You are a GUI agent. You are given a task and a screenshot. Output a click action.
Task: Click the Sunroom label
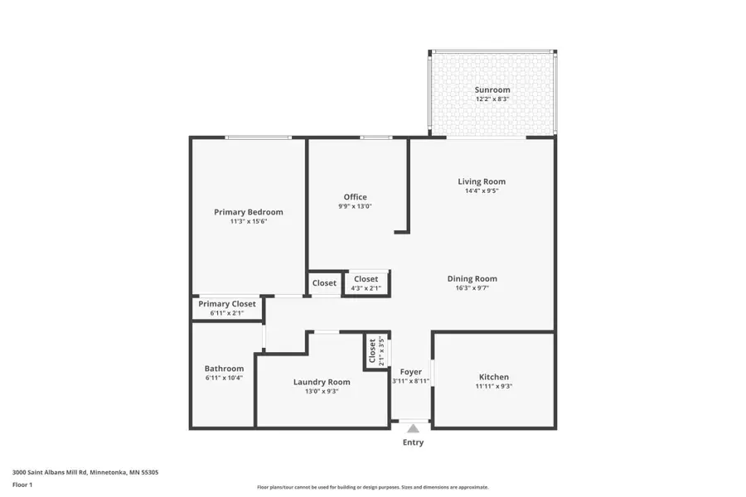pyautogui.click(x=492, y=89)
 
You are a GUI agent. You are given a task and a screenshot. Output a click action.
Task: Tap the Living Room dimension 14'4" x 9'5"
pyautogui.click(x=482, y=191)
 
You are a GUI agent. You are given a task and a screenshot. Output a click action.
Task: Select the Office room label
pyautogui.click(x=355, y=197)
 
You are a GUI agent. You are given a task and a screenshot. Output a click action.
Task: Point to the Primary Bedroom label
pyautogui.click(x=248, y=211)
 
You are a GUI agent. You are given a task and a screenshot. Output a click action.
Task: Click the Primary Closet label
pyautogui.click(x=227, y=304)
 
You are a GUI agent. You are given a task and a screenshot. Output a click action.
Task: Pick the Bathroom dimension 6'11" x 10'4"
pyautogui.click(x=224, y=378)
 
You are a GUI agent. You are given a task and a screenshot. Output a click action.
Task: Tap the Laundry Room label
pyautogui.click(x=322, y=382)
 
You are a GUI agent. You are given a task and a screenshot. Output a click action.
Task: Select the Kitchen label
pyautogui.click(x=493, y=377)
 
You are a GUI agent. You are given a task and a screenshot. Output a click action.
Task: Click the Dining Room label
pyautogui.click(x=472, y=278)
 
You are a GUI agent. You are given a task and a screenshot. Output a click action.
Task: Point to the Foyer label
pyautogui.click(x=411, y=372)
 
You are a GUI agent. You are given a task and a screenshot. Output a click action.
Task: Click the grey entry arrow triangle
pyautogui.click(x=413, y=428)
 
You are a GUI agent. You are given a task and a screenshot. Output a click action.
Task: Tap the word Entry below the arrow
pyautogui.click(x=413, y=442)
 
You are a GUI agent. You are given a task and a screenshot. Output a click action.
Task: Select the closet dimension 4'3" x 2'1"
pyautogui.click(x=366, y=288)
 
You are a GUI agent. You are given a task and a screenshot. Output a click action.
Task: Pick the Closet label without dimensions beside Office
pyautogui.click(x=324, y=283)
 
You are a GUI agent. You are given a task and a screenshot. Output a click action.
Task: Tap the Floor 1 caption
pyautogui.click(x=22, y=485)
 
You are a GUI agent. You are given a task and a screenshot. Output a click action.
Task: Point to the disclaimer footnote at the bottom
pyautogui.click(x=373, y=487)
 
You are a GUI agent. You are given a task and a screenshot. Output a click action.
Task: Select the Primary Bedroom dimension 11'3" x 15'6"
pyautogui.click(x=248, y=221)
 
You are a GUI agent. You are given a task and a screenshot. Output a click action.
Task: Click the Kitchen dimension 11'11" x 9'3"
pyautogui.click(x=493, y=386)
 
